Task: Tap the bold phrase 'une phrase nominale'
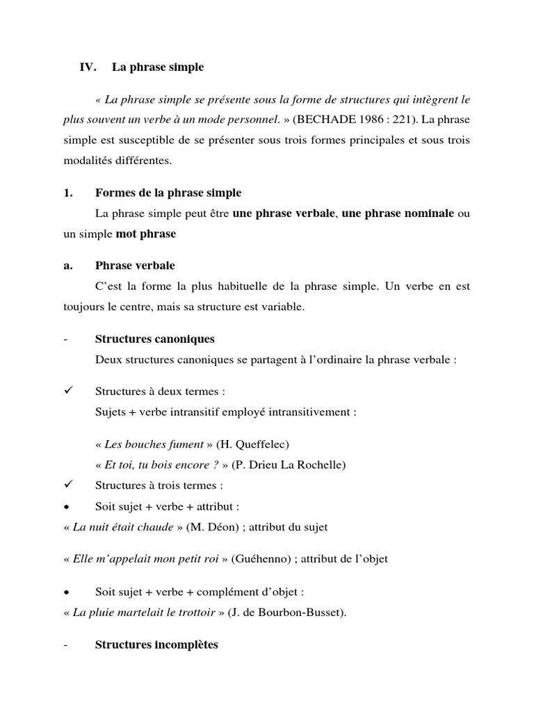pyautogui.click(x=398, y=213)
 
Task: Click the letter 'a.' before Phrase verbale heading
pyautogui.click(x=67, y=266)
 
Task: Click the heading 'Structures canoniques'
pyautogui.click(x=154, y=339)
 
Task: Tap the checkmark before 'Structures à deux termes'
pyautogui.click(x=67, y=391)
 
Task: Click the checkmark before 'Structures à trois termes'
pyautogui.click(x=67, y=485)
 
